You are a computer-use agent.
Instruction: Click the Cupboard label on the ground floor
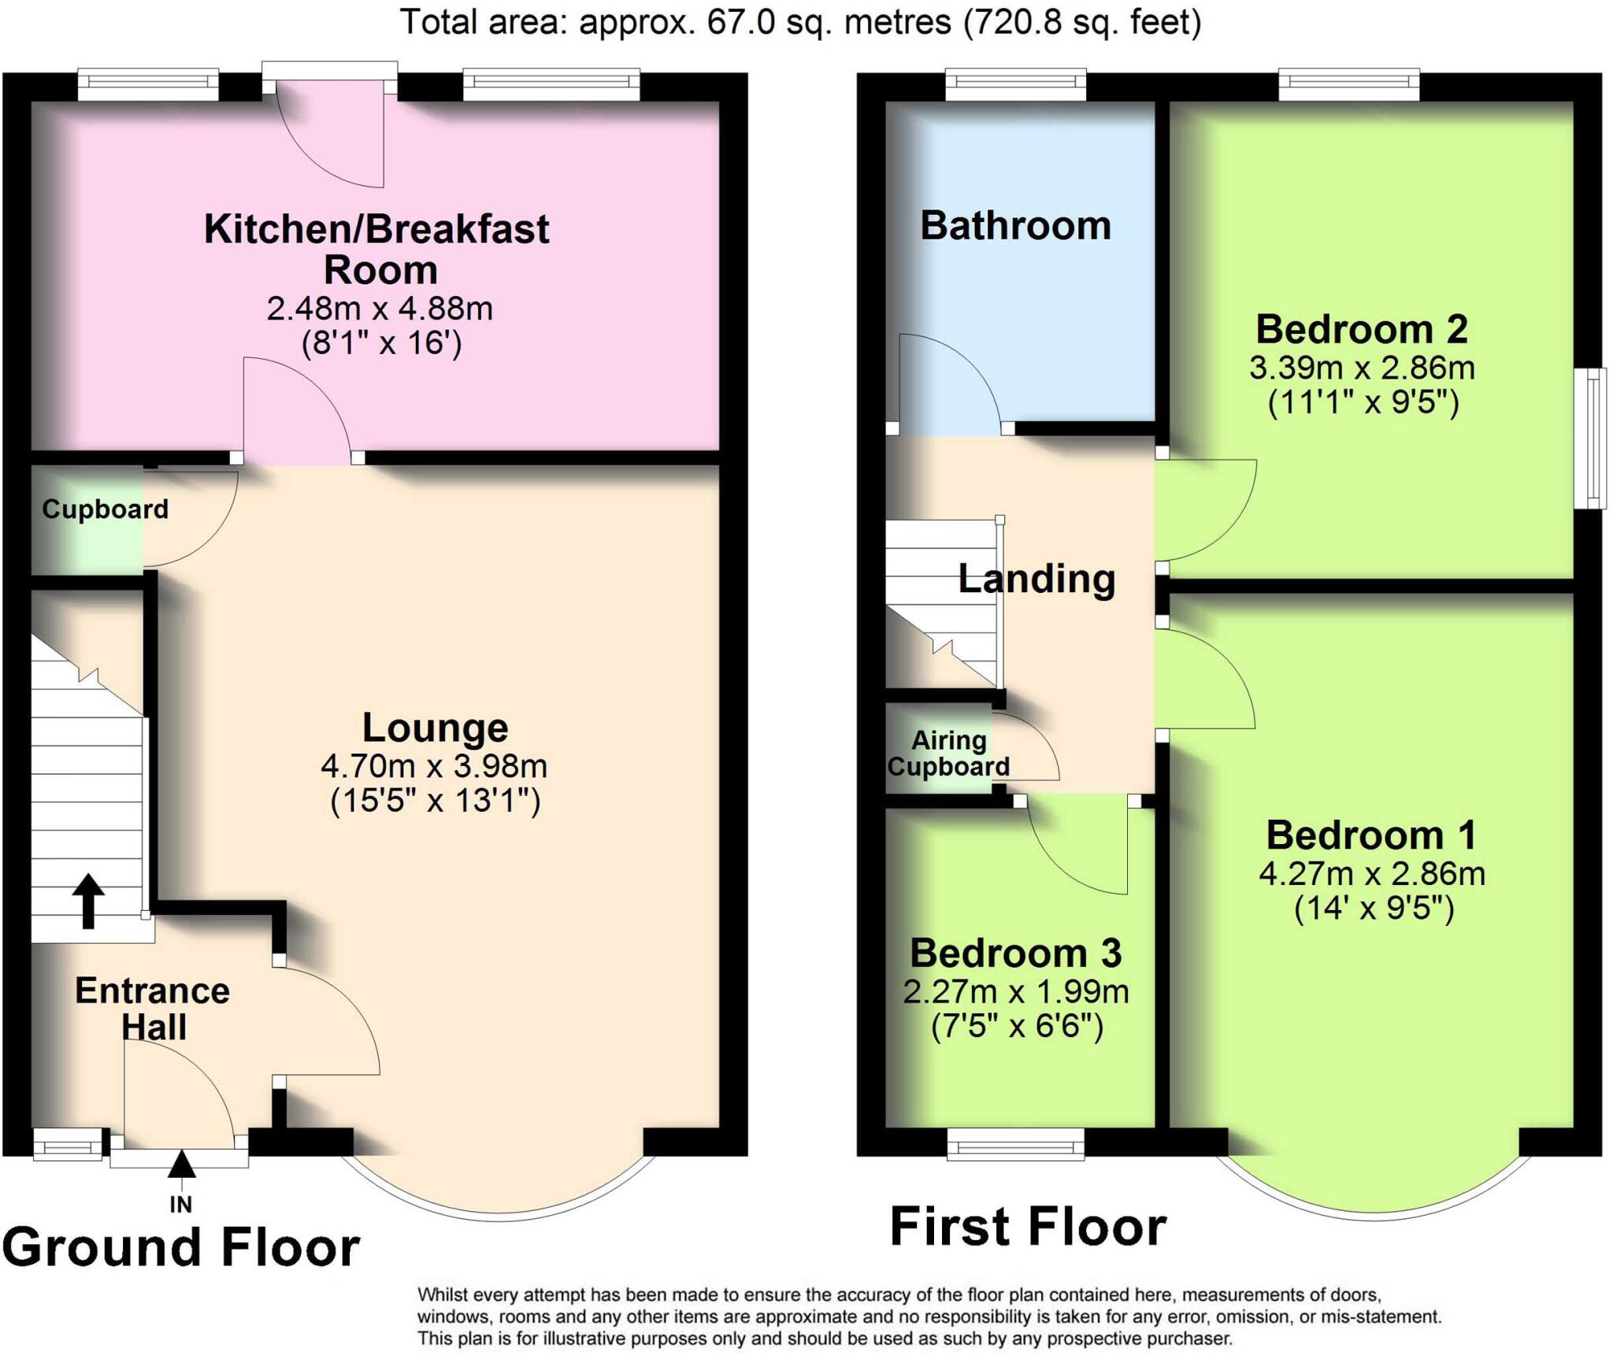105,509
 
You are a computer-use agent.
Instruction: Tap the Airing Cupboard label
948,754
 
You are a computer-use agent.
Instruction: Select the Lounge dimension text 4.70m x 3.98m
434,765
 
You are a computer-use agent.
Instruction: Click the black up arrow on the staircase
88,901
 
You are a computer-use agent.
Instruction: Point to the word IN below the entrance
180,1204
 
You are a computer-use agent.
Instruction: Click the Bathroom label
1015,226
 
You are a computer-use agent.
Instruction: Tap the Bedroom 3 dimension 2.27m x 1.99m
1016,992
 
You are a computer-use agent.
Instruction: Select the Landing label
1036,579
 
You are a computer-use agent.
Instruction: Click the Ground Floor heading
181,1248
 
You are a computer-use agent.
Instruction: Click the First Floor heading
1028,1227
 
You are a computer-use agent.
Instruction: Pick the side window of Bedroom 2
1596,438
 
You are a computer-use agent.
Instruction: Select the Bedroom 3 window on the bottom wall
1015,1144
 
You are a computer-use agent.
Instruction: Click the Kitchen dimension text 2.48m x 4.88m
380,309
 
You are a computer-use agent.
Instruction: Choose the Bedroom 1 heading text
1371,835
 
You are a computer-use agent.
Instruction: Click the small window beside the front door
68,1144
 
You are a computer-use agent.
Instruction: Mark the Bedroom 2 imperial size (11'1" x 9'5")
1363,402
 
